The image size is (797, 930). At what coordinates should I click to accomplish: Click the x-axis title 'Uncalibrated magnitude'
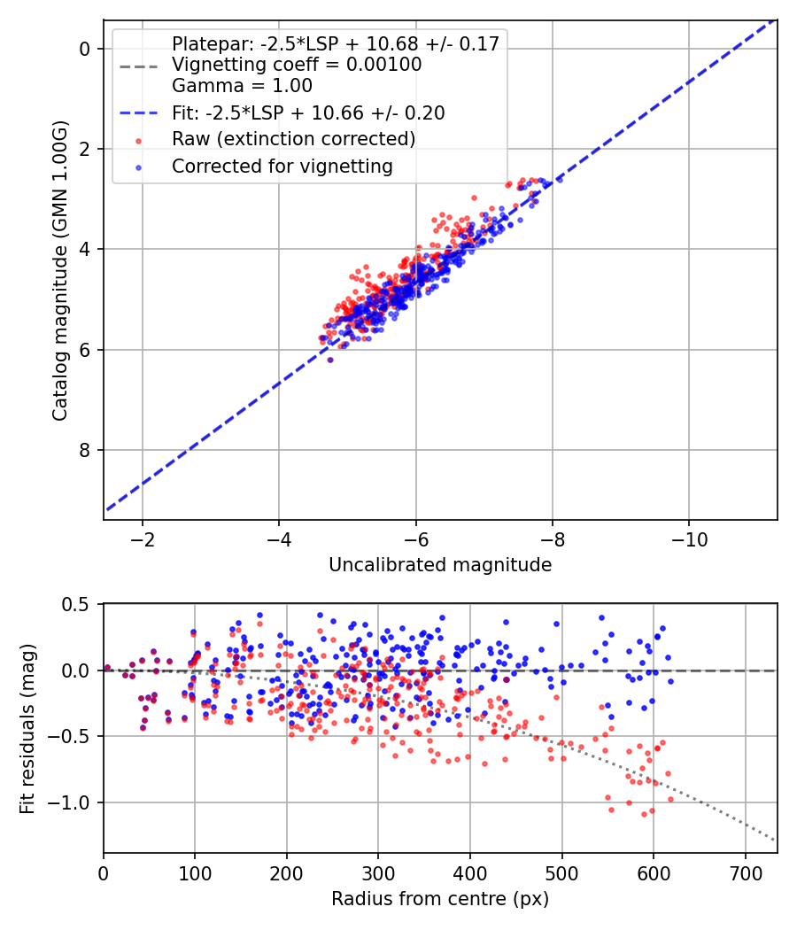(440, 565)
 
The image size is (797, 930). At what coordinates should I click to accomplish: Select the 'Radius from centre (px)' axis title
(440, 899)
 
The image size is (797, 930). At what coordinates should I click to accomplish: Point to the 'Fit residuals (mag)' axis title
(27, 728)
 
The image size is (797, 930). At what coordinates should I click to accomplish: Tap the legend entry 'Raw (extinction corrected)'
(293, 139)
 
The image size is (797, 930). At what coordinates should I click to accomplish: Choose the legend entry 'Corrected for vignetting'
(282, 166)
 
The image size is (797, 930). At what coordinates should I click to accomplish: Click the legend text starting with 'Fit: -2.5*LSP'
(308, 112)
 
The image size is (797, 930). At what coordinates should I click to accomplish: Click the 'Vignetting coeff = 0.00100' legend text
(297, 65)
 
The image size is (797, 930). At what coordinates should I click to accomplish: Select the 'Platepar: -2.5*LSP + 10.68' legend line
(336, 43)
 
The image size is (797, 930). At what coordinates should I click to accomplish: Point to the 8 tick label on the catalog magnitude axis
(86, 451)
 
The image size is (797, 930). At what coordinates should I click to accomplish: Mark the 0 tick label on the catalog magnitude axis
(86, 49)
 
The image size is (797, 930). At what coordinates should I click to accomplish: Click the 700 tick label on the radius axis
(745, 872)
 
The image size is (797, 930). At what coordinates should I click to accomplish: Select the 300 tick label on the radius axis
(378, 872)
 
